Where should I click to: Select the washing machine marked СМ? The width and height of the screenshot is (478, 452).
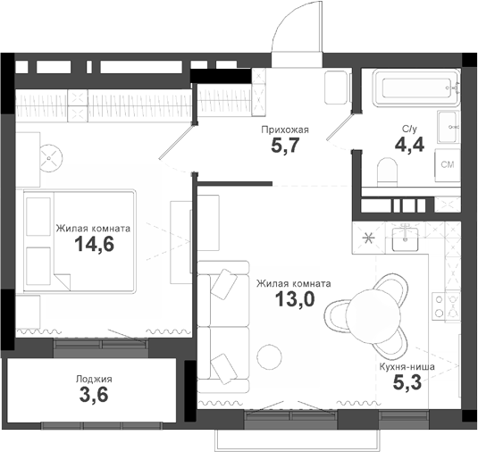tap(448, 166)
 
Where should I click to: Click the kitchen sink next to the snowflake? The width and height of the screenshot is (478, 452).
tap(410, 238)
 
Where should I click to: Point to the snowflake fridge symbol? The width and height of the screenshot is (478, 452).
tap(369, 238)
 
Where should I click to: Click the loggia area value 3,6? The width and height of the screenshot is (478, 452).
tap(94, 398)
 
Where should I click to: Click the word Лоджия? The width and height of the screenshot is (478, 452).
tap(94, 380)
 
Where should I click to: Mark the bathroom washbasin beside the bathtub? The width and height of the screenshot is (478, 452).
tap(449, 128)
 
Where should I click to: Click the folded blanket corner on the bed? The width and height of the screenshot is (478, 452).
tap(62, 281)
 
